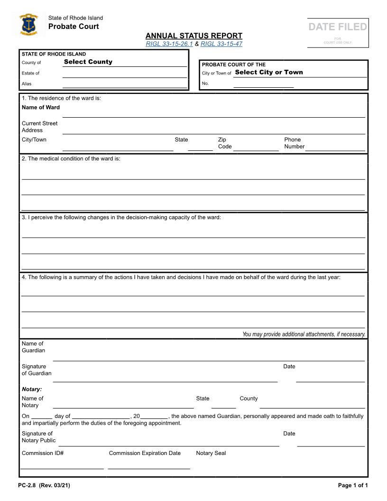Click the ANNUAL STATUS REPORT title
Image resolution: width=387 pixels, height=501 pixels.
(193, 36)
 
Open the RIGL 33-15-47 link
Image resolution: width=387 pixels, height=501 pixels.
(221, 44)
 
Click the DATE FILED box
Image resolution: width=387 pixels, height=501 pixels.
(338, 32)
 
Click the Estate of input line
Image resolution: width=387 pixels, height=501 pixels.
(124, 74)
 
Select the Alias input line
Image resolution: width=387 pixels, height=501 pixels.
(124, 84)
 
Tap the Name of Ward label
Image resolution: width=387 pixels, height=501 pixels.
(41, 107)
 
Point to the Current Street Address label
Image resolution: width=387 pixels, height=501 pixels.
(39, 127)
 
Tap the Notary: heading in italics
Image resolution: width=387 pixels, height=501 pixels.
(32, 390)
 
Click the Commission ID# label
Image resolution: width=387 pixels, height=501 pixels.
(43, 453)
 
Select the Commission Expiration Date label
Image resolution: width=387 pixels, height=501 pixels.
(145, 453)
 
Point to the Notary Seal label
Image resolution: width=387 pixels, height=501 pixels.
(211, 453)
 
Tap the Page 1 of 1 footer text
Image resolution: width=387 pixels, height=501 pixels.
(352, 485)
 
